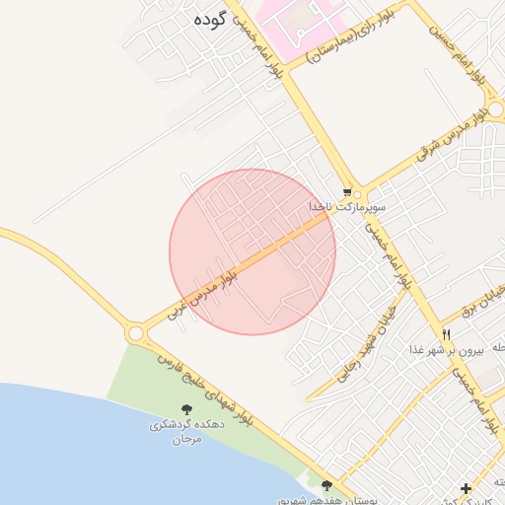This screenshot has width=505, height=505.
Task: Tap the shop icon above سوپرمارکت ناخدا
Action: (x=347, y=191)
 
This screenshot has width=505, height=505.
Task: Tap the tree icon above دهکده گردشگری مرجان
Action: (x=186, y=409)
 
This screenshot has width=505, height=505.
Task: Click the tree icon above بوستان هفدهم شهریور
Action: (x=326, y=484)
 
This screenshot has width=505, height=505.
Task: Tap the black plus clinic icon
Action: (x=466, y=487)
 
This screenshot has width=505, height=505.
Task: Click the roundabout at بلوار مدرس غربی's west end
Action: (x=137, y=334)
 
